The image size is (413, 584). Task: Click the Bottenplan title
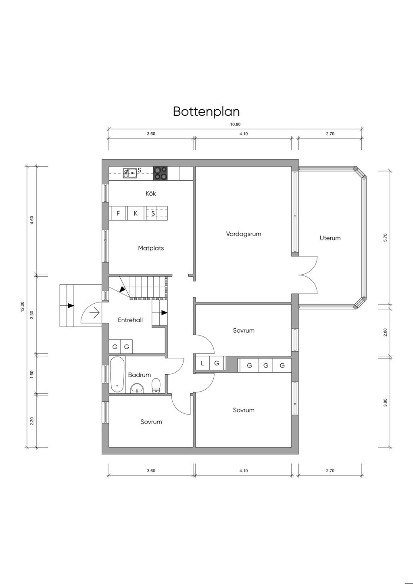click(x=206, y=111)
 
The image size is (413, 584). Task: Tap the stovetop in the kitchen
click(x=160, y=173)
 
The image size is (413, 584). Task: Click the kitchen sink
click(x=130, y=173)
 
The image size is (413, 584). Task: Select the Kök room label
click(x=151, y=194)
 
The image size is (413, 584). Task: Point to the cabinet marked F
click(x=118, y=213)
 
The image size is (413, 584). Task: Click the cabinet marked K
click(x=136, y=213)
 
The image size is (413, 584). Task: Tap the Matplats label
click(x=151, y=248)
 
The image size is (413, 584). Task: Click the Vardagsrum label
click(x=244, y=234)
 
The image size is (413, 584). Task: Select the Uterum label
click(x=330, y=238)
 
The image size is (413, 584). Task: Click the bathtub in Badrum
click(x=117, y=374)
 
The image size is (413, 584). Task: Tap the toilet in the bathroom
click(x=156, y=386)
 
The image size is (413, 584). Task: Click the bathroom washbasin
click(x=138, y=388)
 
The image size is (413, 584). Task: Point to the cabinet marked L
click(x=202, y=363)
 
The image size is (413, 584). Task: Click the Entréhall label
click(x=130, y=320)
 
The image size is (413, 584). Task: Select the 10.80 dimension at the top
click(x=235, y=125)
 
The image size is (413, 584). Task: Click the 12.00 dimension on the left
click(x=23, y=307)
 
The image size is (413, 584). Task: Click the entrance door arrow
click(x=95, y=313)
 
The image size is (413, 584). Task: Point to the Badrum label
click(x=140, y=375)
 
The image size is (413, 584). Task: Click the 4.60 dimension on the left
click(x=32, y=221)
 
